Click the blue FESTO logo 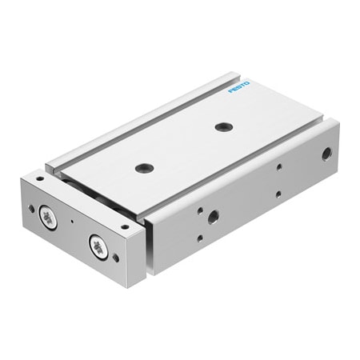(239, 87)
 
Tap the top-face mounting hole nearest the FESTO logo (223, 126)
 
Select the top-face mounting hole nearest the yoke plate (144, 167)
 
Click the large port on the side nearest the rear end (326, 154)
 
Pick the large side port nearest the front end (214, 216)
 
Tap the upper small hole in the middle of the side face (278, 167)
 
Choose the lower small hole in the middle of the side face (278, 194)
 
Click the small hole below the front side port (198, 238)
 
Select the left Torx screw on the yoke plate (49, 218)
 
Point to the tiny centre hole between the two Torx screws (71, 222)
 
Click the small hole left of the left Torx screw (31, 208)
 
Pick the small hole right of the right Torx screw (117, 258)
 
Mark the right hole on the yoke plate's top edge (123, 226)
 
